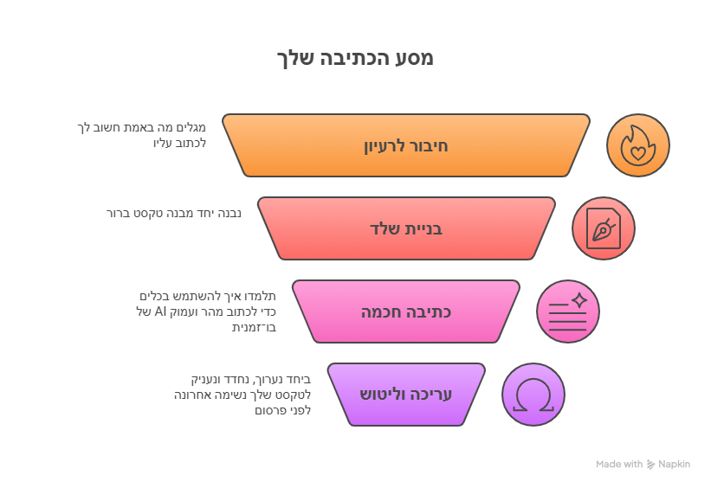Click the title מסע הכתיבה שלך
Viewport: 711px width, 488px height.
355,59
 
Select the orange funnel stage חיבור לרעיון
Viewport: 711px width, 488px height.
406,145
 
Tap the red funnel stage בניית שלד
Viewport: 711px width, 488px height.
406,228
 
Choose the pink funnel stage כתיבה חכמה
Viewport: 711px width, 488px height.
406,311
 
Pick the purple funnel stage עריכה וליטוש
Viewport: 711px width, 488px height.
406,395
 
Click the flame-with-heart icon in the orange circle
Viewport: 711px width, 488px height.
638,145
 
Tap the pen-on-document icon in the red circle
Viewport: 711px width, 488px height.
604,228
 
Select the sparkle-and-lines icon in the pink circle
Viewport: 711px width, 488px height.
568,311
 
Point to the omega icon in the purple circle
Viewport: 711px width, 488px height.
533,395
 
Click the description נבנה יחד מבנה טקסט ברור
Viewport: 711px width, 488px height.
174,213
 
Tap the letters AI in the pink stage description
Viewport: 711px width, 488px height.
160,311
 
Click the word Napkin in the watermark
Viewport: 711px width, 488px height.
674,464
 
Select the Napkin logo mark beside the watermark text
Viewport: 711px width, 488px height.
650,465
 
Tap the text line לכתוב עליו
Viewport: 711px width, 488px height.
179,143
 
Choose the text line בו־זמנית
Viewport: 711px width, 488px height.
254,327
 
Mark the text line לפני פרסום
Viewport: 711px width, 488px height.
282,410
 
